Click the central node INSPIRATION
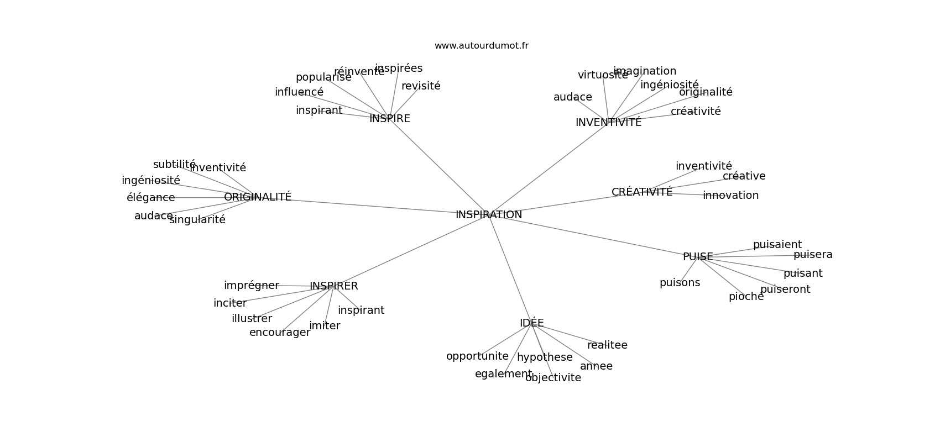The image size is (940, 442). [x=489, y=215]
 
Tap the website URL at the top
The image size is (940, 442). [x=481, y=46]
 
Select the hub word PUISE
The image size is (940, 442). [x=698, y=257]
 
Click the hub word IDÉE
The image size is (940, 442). [x=531, y=323]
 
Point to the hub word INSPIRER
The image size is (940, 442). [x=333, y=286]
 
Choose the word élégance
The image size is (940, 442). [x=150, y=198]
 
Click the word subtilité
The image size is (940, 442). [x=174, y=165]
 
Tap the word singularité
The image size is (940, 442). [x=197, y=220]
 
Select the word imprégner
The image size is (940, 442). [x=251, y=286]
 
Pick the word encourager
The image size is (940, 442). [x=280, y=333]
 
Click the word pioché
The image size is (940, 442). [x=746, y=297]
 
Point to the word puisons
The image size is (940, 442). [x=680, y=283]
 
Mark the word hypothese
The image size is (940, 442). [x=545, y=357]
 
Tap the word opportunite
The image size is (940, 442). [x=477, y=356]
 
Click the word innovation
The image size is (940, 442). [x=730, y=196]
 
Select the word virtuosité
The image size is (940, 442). [x=603, y=75]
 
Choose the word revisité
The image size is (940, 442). [x=421, y=86]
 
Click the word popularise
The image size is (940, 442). [x=323, y=77]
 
